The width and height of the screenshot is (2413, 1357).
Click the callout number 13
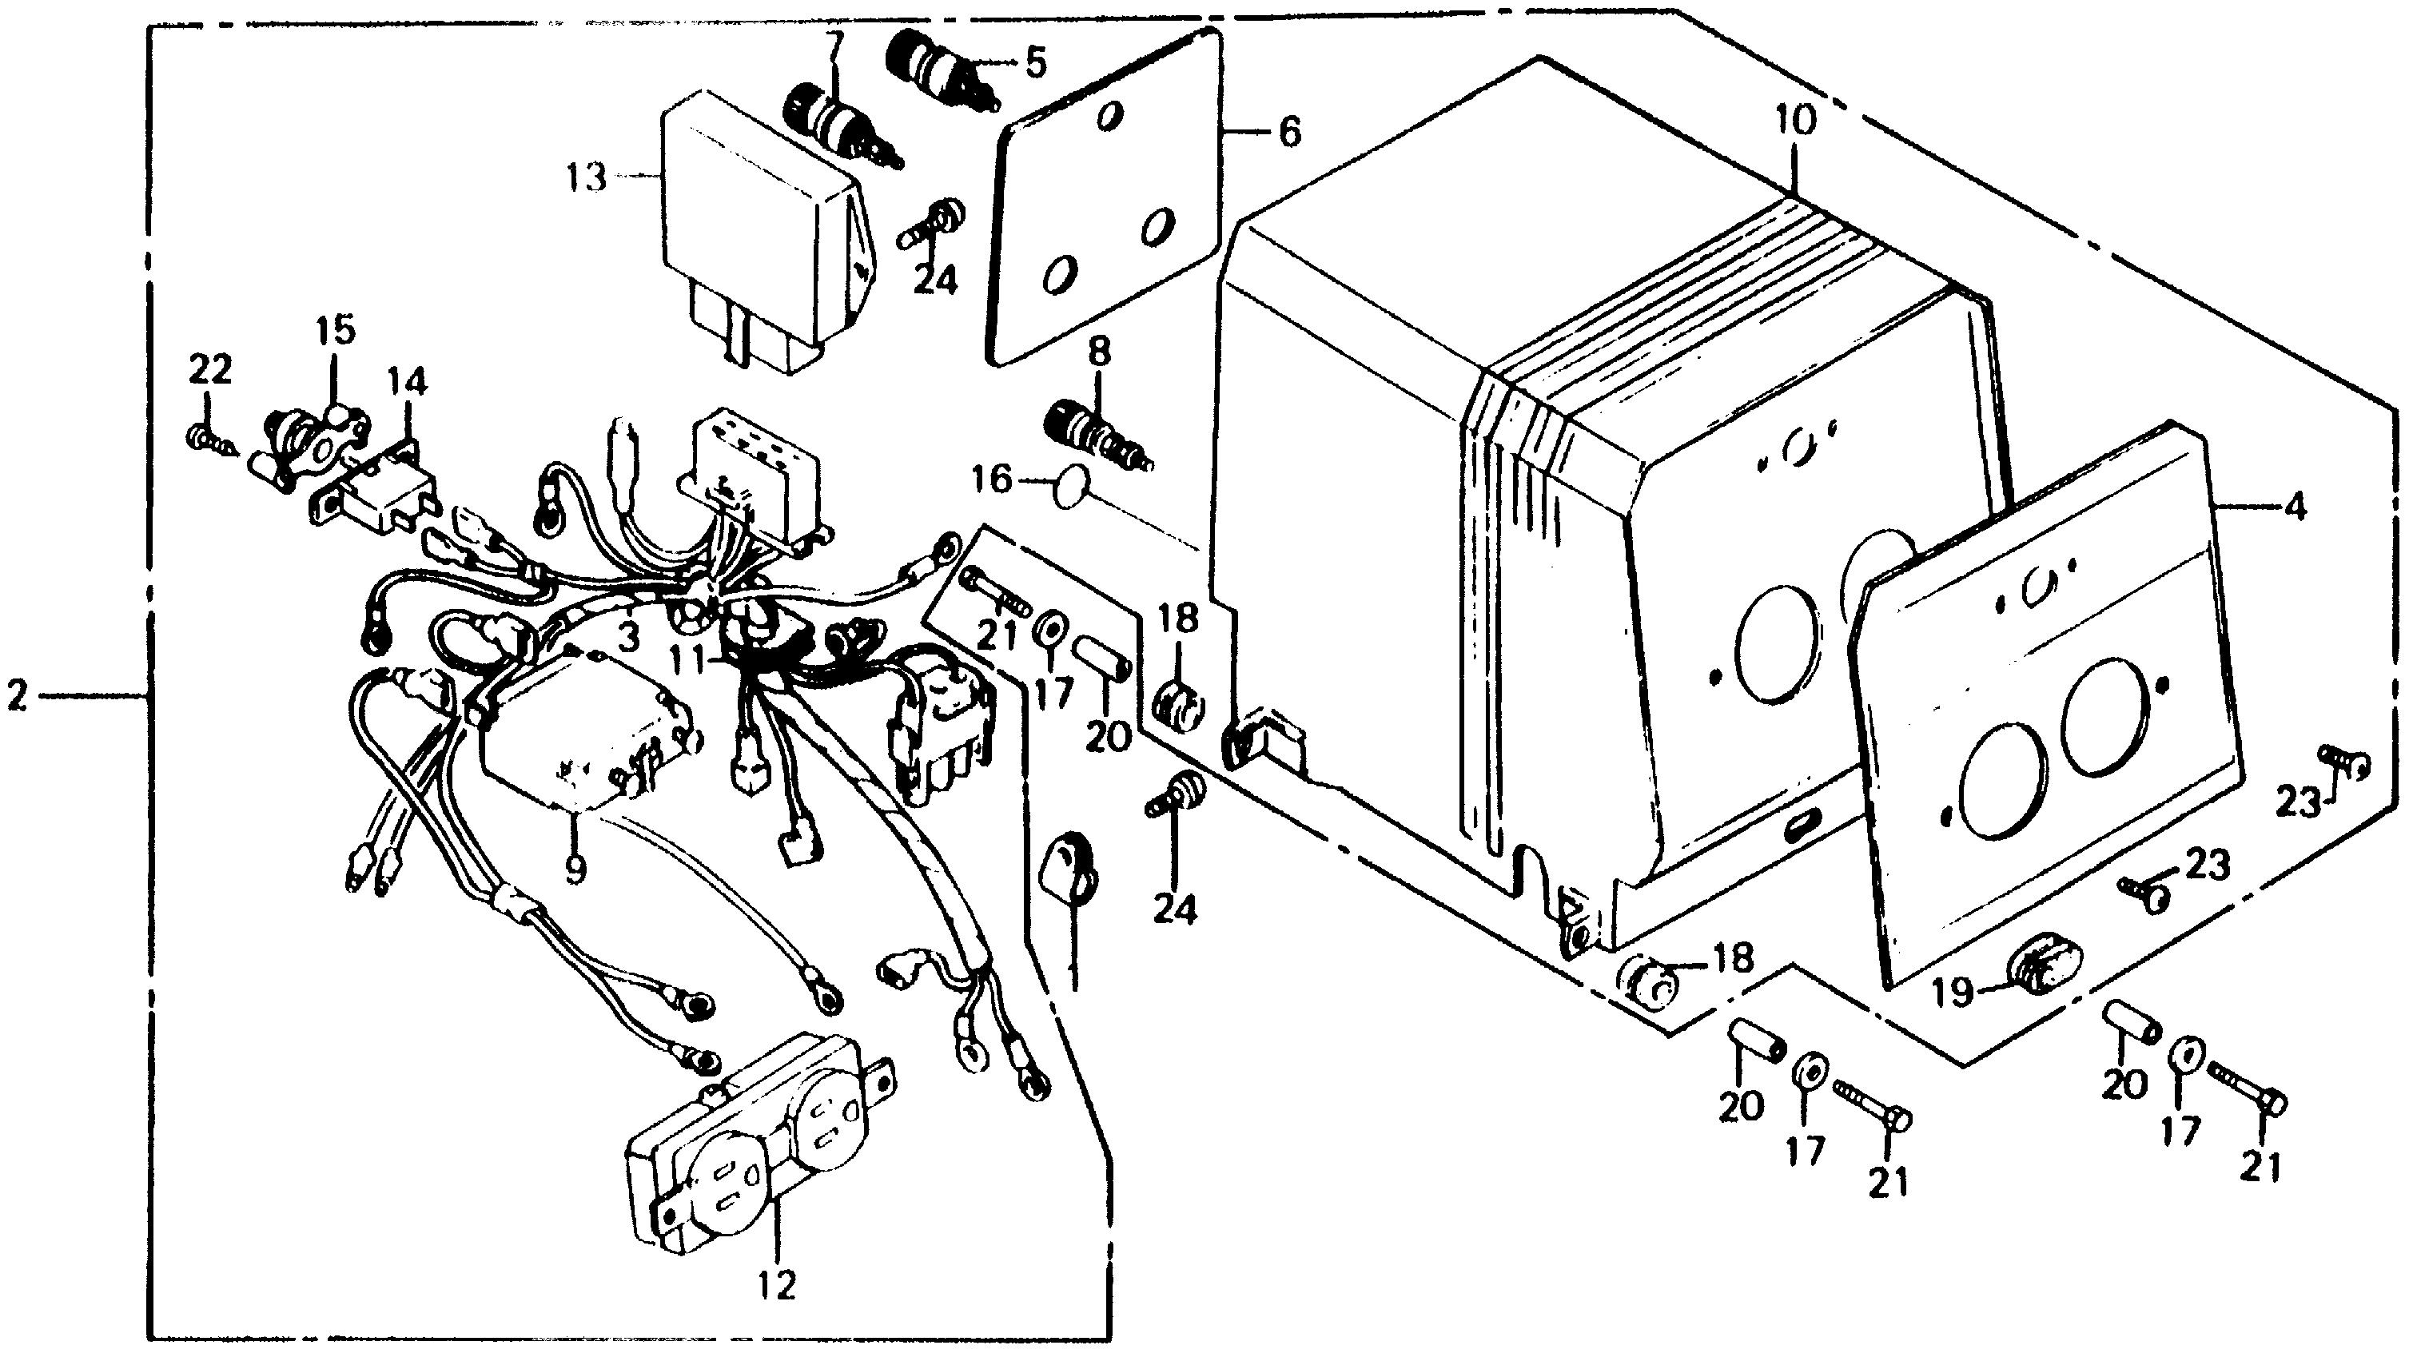tap(587, 177)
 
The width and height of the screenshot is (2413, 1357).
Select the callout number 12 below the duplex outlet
tap(778, 1285)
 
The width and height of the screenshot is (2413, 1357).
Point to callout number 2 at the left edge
tap(18, 697)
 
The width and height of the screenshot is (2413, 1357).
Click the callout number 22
tap(210, 370)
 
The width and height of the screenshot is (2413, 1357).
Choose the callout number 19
tap(1956, 992)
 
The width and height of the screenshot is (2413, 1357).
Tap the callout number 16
tap(992, 481)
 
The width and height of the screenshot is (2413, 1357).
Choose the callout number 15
tap(336, 331)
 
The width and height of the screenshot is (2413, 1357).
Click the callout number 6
tap(1290, 133)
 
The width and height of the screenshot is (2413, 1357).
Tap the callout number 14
tap(408, 382)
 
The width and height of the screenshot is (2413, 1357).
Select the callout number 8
tap(1099, 353)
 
